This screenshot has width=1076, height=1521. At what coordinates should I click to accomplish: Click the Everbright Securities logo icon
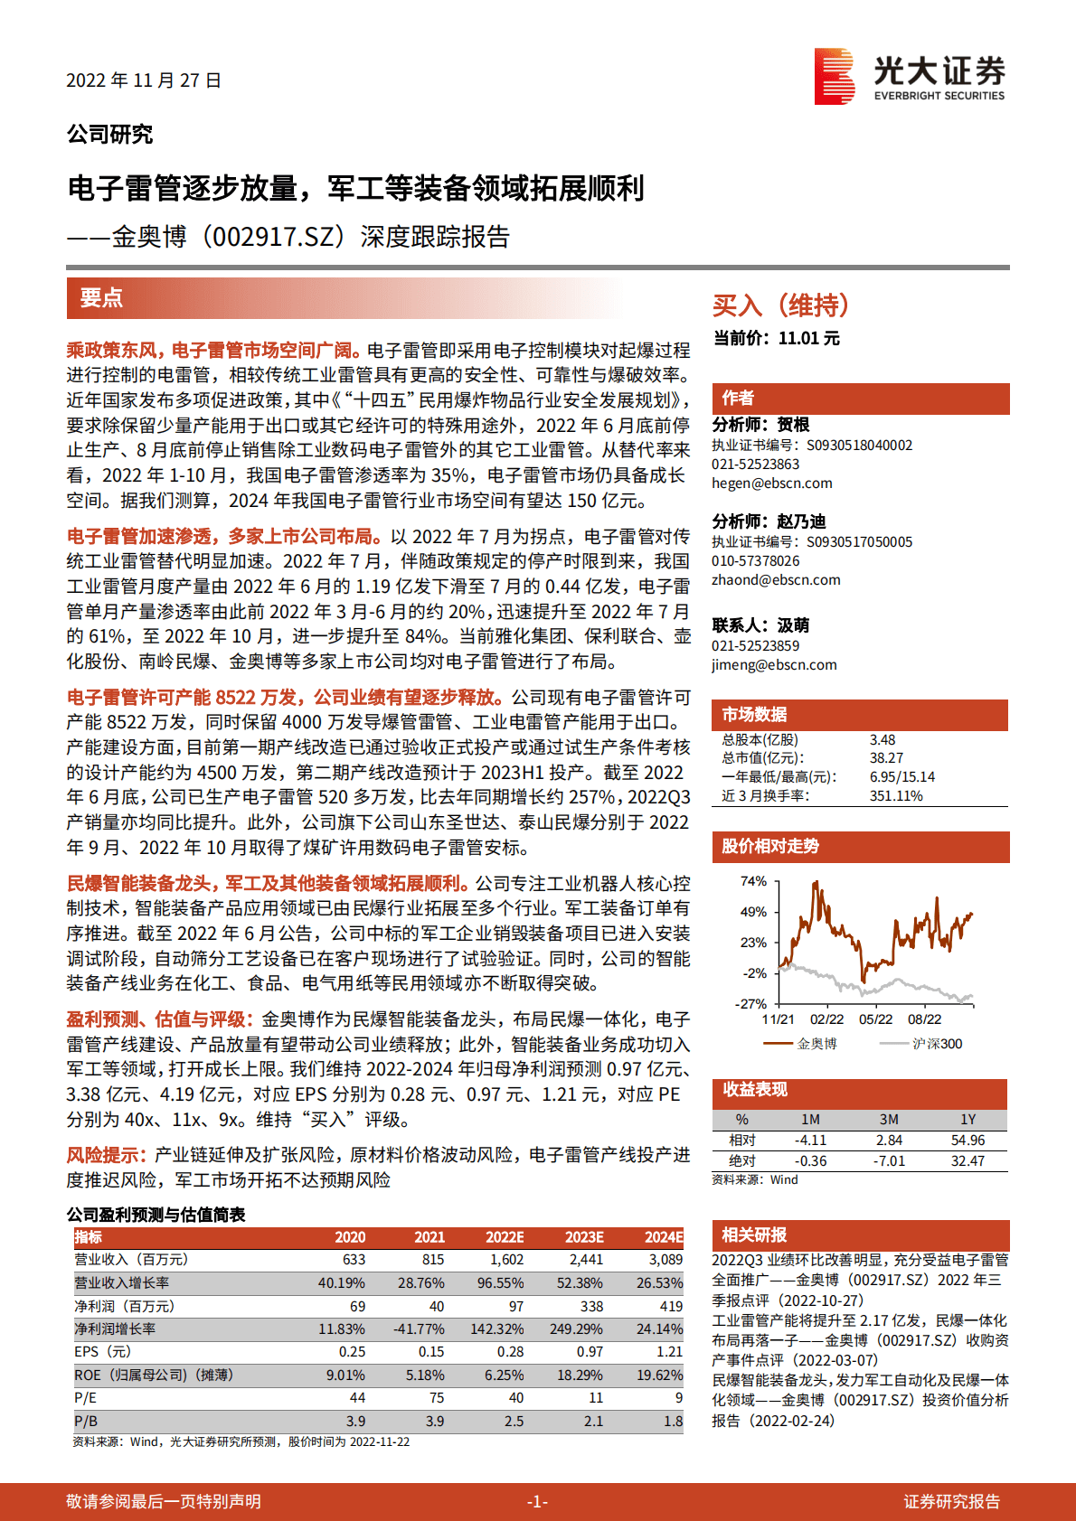(834, 77)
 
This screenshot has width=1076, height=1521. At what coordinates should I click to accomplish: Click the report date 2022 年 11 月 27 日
(144, 80)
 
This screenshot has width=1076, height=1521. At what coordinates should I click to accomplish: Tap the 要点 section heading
(101, 298)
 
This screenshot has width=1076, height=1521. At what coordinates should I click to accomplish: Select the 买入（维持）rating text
(780, 305)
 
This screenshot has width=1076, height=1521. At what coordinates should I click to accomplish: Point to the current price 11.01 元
(808, 338)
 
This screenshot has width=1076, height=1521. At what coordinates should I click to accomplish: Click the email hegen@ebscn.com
(771, 484)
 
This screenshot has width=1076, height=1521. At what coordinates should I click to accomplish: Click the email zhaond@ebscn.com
(776, 580)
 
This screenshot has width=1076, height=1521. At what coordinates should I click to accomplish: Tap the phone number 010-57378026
(755, 561)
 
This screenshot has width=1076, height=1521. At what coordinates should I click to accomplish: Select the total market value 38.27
(886, 758)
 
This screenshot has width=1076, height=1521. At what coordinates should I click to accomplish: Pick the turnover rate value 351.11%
(896, 796)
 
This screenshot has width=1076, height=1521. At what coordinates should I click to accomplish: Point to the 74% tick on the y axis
(753, 881)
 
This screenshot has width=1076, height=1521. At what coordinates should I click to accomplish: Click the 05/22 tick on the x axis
(875, 1019)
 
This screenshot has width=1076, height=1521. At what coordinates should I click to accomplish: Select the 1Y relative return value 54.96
(967, 1141)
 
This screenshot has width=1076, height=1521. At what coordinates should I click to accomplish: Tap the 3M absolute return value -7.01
(890, 1161)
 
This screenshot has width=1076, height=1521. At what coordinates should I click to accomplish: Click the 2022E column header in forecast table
(505, 1237)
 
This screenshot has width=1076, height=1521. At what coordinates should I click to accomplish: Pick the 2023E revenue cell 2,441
(586, 1260)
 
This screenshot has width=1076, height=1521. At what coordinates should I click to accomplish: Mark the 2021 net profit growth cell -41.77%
(419, 1329)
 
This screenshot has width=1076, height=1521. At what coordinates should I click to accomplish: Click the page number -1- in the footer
(537, 1502)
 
